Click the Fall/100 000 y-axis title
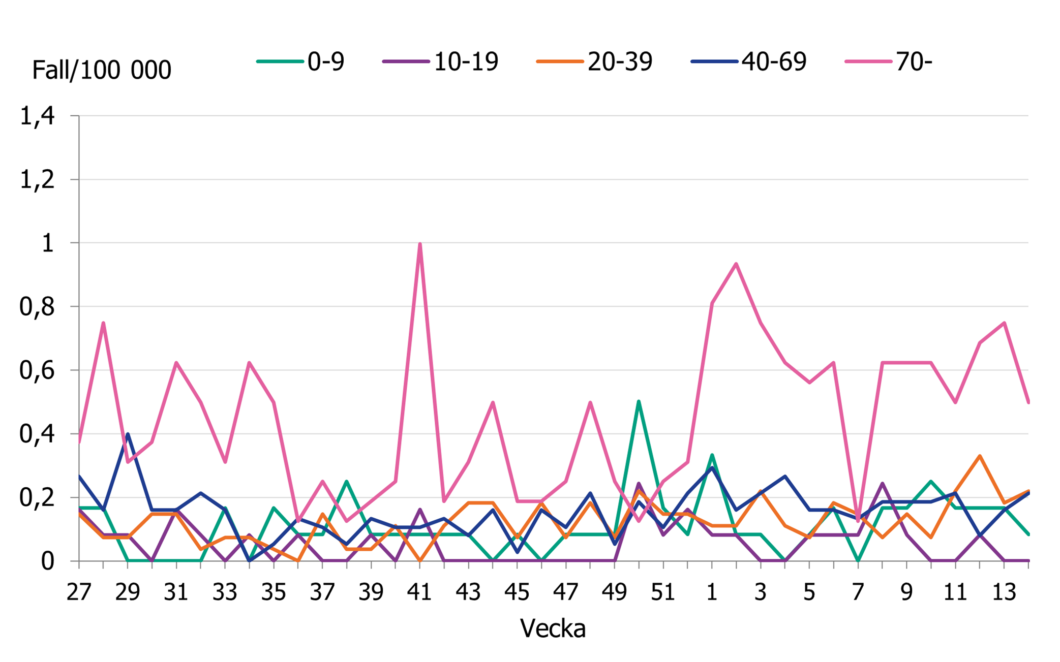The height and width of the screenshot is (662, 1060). point(102,70)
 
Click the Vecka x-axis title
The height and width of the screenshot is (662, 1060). point(553,629)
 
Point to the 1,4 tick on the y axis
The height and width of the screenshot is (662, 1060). point(37,116)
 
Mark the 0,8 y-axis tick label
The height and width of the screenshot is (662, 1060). point(37,307)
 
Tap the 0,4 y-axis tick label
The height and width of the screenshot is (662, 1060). point(37,434)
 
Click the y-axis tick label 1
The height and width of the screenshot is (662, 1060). point(47,243)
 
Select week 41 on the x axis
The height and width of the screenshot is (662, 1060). point(419,592)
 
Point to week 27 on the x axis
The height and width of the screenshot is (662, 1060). point(79,592)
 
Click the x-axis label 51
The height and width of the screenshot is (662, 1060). point(663,592)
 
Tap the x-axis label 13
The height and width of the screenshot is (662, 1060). point(1004,592)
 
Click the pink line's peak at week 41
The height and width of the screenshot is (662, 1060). point(420,244)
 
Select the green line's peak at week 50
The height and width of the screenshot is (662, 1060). point(639,401)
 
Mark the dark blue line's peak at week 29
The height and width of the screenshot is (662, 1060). point(128,434)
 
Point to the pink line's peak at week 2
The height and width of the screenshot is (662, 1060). point(736,264)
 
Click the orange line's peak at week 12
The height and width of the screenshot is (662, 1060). point(980,456)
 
